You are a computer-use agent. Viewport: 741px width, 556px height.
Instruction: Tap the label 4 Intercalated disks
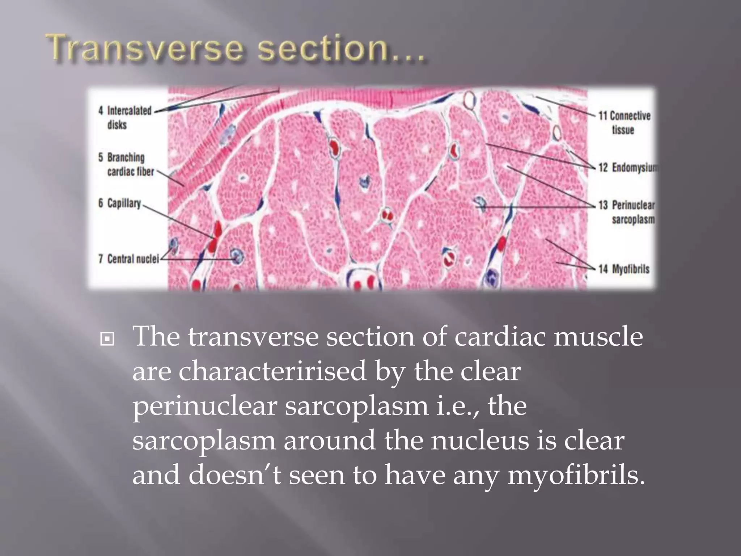[x=125, y=117]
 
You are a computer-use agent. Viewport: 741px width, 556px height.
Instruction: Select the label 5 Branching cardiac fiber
[x=126, y=164]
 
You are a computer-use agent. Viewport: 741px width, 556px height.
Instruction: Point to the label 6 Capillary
[x=120, y=203]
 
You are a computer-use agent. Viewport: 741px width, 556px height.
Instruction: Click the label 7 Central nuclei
[x=129, y=259]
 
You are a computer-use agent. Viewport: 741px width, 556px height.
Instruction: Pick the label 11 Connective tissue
[x=624, y=122]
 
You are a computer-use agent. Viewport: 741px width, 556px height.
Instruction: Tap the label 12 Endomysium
[x=628, y=167]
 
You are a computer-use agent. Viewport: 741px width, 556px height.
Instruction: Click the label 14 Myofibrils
[x=624, y=269]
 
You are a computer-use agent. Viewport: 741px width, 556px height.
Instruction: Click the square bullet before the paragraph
[x=107, y=339]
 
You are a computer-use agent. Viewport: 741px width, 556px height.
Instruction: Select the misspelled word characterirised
[x=272, y=371]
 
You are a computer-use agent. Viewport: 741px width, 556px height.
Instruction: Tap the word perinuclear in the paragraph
[x=205, y=406]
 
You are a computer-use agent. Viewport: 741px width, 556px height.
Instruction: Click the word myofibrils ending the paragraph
[x=575, y=475]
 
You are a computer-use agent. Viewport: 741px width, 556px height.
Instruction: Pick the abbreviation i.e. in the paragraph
[x=457, y=406]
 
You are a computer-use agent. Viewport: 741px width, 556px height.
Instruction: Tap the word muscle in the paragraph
[x=598, y=337]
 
